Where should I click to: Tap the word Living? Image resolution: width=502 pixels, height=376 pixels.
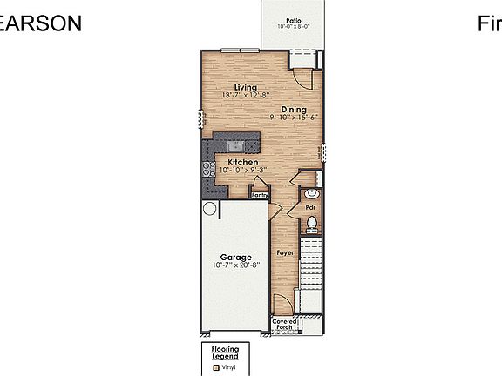click(245, 87)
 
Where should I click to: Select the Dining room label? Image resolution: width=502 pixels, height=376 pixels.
click(293, 109)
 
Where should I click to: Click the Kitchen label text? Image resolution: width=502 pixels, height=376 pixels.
click(242, 163)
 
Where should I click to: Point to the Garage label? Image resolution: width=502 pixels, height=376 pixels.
click(235, 258)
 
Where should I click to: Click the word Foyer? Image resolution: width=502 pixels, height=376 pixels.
click(285, 252)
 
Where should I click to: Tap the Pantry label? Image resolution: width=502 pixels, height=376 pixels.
click(260, 196)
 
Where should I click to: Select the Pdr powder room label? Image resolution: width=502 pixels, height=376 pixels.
click(309, 208)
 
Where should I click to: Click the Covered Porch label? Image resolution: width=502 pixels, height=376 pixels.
click(284, 325)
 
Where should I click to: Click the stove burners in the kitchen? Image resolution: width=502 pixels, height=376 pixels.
click(209, 171)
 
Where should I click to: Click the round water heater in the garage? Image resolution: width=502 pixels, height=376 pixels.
click(209, 209)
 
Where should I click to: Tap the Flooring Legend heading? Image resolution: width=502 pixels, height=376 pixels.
click(225, 353)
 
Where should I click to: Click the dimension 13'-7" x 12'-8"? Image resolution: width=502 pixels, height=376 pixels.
click(246, 95)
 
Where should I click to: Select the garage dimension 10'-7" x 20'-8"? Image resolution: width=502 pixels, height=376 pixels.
click(235, 265)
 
